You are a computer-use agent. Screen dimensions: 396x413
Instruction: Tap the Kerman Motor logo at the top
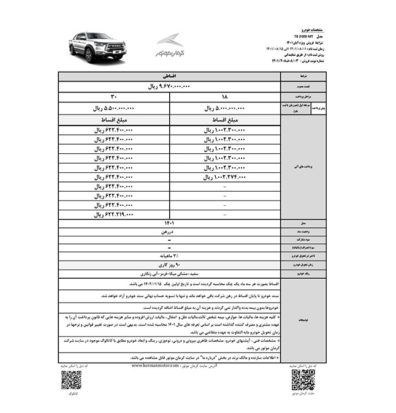coord(169,46)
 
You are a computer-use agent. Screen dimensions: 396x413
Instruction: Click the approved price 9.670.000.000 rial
coord(170,87)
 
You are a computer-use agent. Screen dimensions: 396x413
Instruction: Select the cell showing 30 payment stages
coord(113,97)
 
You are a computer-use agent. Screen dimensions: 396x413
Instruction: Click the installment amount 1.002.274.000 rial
coord(225,177)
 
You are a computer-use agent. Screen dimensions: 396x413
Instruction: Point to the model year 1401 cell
coord(170,224)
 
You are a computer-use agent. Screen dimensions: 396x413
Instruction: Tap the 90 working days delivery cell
coord(170,263)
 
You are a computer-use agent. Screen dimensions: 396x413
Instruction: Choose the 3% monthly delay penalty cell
coord(170,253)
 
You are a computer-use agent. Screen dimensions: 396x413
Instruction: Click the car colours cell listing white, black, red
coord(170,272)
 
